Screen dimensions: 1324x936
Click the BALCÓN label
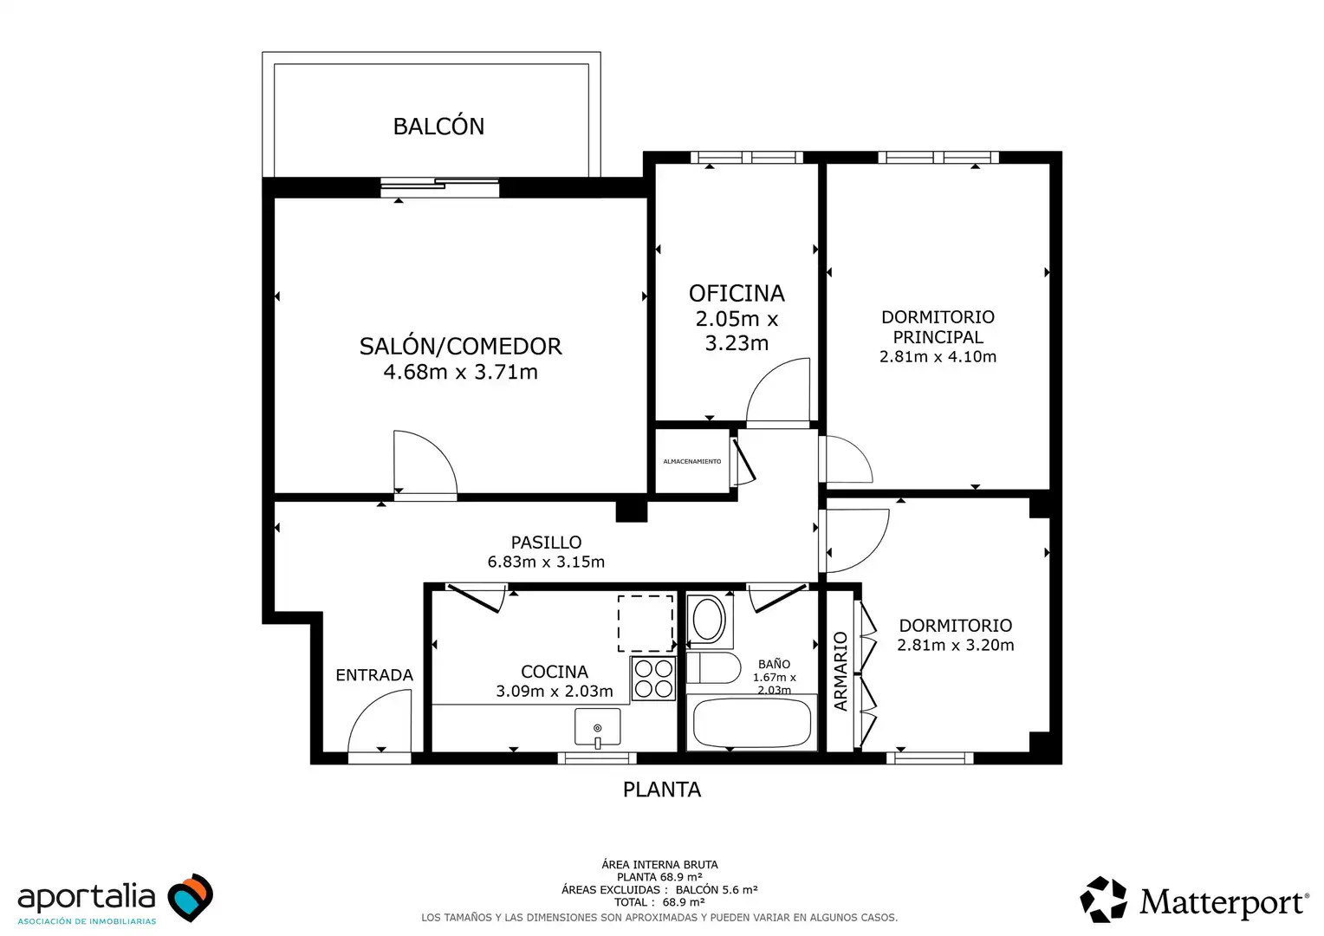click(x=438, y=126)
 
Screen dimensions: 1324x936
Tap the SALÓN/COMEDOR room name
click(x=460, y=347)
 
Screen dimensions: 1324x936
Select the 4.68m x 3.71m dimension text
click(x=460, y=372)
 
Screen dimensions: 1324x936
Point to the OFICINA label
click(x=737, y=293)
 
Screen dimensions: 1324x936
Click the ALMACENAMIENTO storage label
click(x=692, y=461)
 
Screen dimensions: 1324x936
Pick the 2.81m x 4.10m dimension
click(x=938, y=356)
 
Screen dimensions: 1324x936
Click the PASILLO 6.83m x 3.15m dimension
click(x=546, y=562)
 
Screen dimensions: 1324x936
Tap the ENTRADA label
click(x=374, y=674)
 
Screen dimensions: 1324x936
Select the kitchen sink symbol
click(x=598, y=727)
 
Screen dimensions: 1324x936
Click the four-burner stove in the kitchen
click(x=653, y=679)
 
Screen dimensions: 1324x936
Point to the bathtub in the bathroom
click(x=752, y=724)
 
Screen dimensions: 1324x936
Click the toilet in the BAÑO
click(x=713, y=668)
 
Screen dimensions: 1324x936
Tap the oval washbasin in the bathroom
click(x=708, y=621)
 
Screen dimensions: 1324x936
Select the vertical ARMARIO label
click(x=840, y=671)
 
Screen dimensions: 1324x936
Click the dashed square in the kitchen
click(x=646, y=623)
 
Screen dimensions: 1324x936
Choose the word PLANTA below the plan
click(x=662, y=790)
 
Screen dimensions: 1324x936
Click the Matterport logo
click(x=1195, y=900)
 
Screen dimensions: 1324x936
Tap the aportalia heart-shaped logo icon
click(x=191, y=897)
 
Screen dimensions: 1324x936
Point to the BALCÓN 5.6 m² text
click(x=717, y=890)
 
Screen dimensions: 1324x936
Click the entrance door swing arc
click(x=365, y=708)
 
